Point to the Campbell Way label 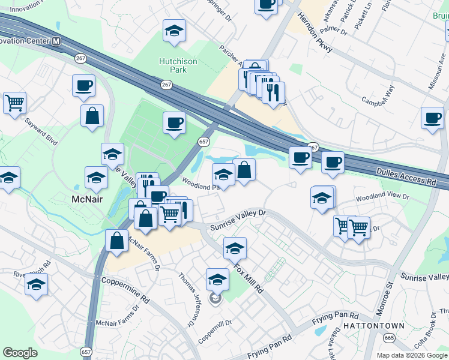378,95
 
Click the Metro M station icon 56,41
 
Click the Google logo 20,353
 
